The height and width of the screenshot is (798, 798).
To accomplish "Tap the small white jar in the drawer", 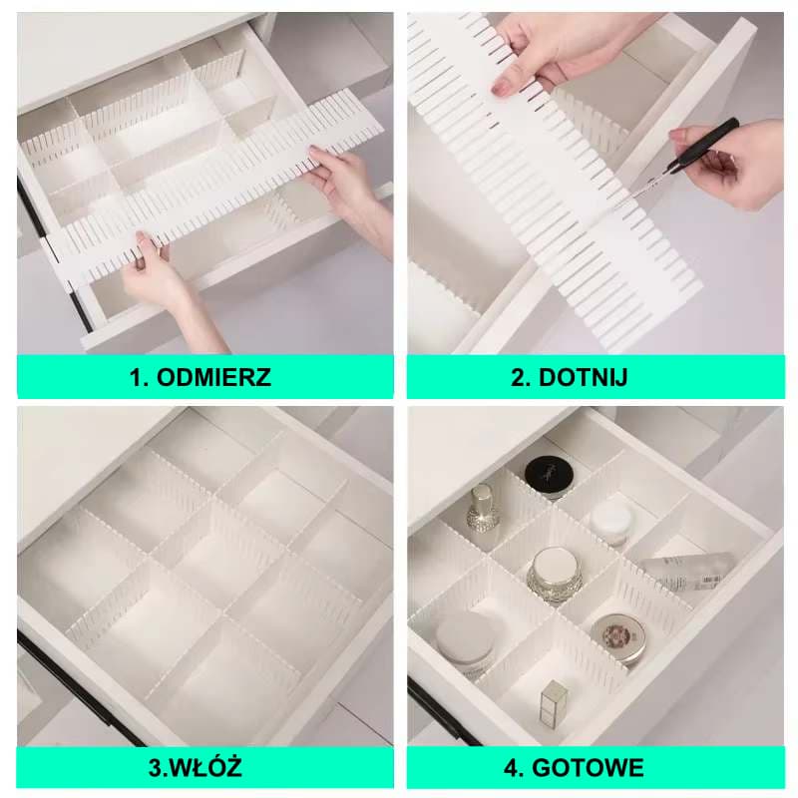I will coord(611,521).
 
